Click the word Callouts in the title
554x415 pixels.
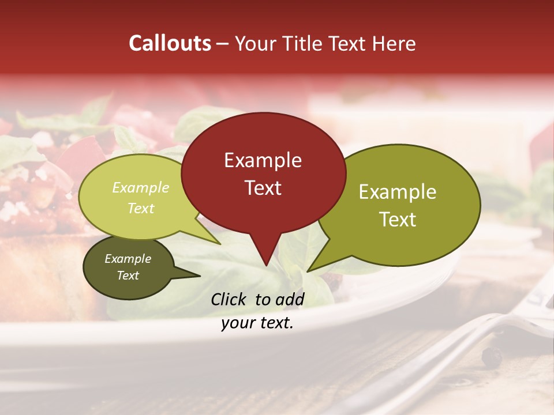(170, 43)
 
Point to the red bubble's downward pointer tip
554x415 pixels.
(265, 266)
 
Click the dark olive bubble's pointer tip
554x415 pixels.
(200, 276)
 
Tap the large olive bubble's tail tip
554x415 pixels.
(308, 271)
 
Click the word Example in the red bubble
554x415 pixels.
(263, 160)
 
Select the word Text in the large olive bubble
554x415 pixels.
(398, 220)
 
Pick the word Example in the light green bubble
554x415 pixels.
(141, 187)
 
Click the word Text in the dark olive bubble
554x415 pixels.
(128, 276)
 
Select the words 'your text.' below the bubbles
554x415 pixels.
(257, 323)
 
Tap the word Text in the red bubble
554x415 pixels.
(263, 188)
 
